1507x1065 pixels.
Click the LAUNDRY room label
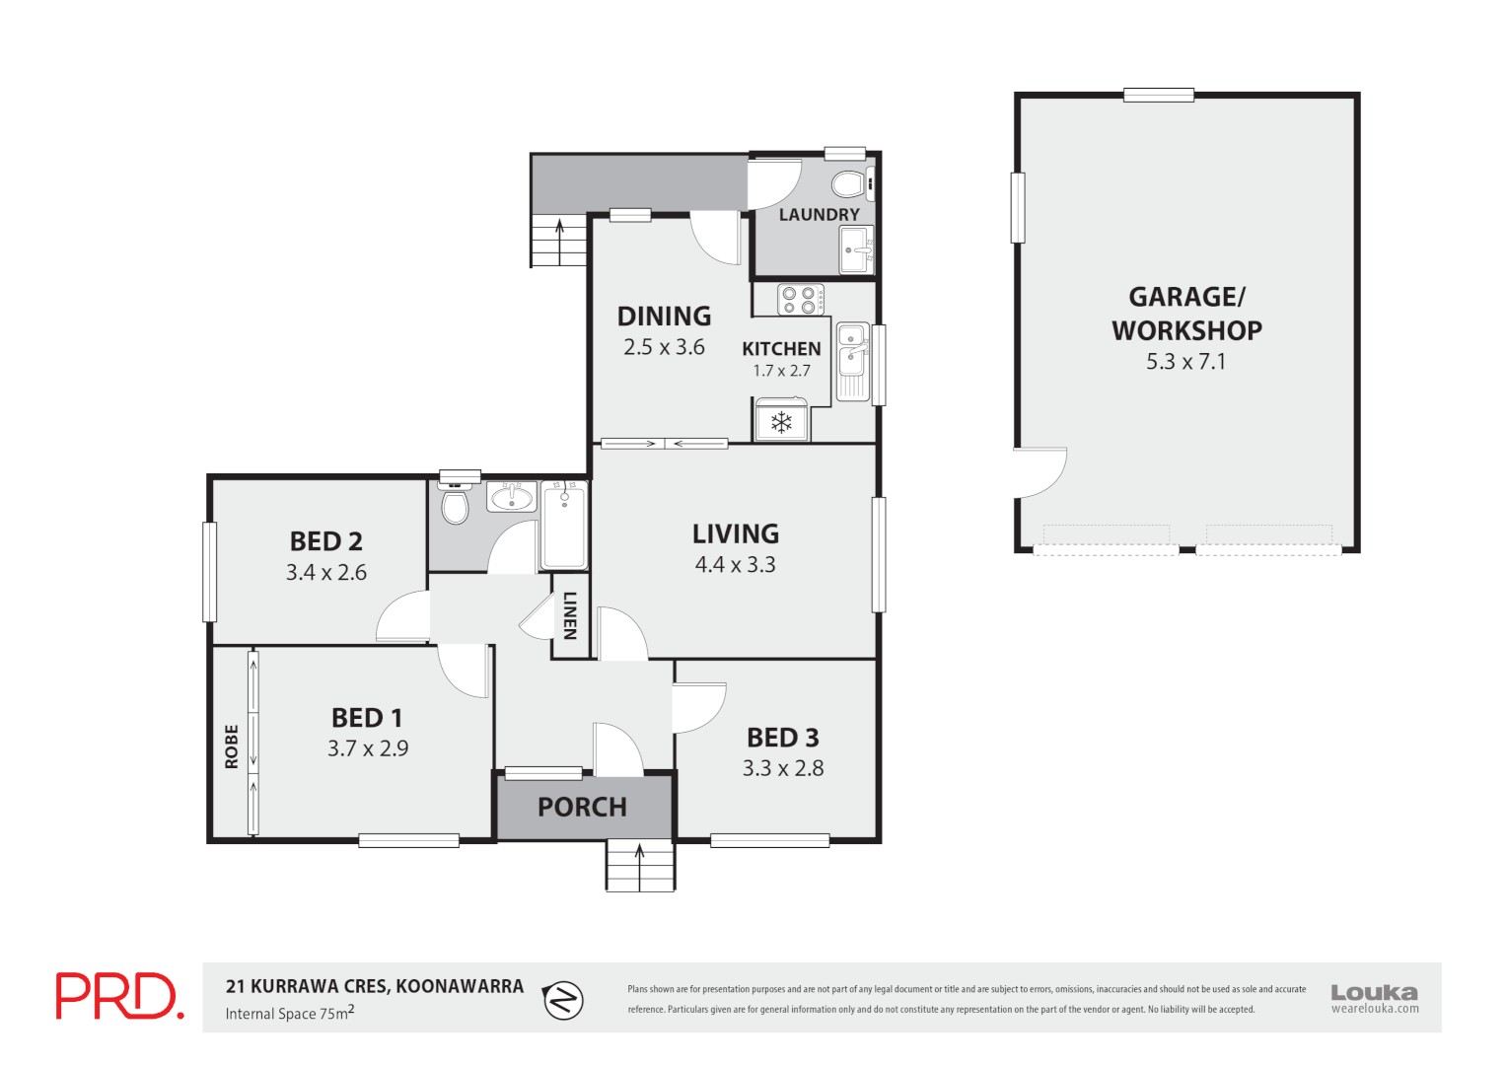click(819, 214)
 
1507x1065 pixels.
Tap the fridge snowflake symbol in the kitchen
click(781, 423)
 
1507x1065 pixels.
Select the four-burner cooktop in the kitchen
click(800, 299)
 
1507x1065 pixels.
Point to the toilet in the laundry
click(847, 183)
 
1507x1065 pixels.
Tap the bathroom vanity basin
click(511, 497)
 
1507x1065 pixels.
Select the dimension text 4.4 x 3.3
click(735, 564)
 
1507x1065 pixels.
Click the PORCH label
click(582, 807)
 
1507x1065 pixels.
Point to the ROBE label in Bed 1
click(232, 746)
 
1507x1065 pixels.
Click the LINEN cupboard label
click(570, 615)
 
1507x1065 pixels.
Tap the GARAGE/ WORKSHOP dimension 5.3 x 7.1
click(1185, 361)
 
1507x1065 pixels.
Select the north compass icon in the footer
click(563, 1000)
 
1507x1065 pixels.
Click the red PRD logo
click(118, 996)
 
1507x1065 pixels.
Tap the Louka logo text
click(1374, 992)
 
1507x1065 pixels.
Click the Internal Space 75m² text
click(289, 1013)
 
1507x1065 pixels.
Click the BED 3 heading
click(782, 738)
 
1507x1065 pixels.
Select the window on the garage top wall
click(1158, 95)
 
